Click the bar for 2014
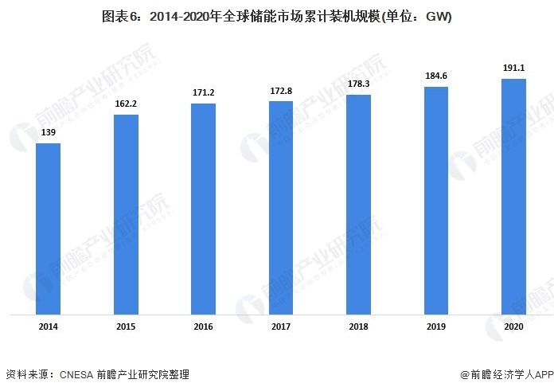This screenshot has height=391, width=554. click(x=49, y=229)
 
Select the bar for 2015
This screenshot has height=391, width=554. click(x=126, y=215)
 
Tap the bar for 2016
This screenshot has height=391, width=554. click(x=204, y=209)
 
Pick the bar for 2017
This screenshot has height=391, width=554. click(x=281, y=209)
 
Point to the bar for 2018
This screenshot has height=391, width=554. click(x=358, y=205)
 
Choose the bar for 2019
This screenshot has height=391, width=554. click(x=436, y=201)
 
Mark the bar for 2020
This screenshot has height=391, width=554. click(x=513, y=197)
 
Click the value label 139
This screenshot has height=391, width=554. click(x=49, y=133)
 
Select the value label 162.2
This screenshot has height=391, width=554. click(x=126, y=104)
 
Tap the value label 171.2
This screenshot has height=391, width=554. click(x=204, y=93)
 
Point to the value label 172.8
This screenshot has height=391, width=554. click(x=281, y=92)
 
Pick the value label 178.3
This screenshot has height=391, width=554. click(x=358, y=84)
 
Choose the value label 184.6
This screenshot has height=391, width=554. click(x=436, y=76)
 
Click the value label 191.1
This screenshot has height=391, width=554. click(x=513, y=68)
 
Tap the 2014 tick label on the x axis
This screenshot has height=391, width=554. click(x=49, y=326)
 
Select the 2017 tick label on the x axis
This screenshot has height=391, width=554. click(x=281, y=326)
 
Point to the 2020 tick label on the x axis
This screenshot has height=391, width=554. click(x=513, y=326)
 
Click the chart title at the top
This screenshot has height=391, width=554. click(x=276, y=17)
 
